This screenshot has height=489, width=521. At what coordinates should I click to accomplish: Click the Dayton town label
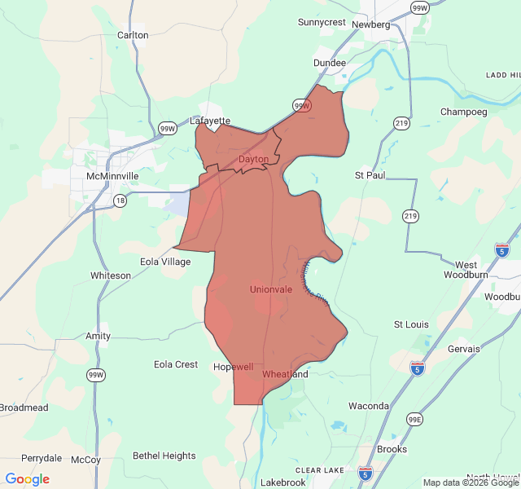253,159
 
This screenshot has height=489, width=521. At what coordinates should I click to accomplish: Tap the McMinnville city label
112,176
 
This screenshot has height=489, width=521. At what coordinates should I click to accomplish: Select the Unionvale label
271,289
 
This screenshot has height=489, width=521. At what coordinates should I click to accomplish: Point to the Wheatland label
285,374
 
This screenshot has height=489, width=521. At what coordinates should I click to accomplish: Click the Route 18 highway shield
120,200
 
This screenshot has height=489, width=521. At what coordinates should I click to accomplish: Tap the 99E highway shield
415,419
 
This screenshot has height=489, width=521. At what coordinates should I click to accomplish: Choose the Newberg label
371,24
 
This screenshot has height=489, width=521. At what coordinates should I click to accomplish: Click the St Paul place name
370,175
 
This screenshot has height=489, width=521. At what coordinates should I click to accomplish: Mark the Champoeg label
463,112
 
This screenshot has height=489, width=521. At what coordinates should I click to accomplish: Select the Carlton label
133,35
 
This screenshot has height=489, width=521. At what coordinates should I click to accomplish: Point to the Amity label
99,336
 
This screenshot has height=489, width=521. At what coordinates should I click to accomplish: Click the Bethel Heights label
164,456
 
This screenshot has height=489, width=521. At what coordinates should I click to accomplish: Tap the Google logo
28,479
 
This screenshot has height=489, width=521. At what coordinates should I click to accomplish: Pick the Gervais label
464,349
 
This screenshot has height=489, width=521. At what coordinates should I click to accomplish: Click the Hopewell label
234,368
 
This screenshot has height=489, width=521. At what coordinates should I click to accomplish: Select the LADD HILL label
502,75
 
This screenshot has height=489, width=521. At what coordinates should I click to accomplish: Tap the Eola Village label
165,262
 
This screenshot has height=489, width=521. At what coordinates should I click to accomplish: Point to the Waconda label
369,406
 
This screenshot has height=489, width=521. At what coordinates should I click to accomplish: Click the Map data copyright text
471,482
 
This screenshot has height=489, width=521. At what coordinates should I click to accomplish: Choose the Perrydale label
42,458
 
